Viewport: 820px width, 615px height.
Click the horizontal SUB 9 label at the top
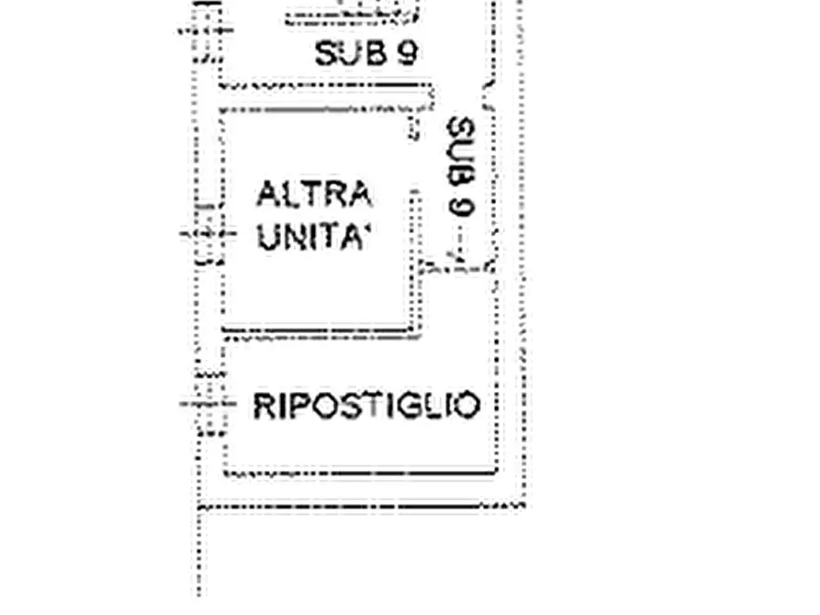(x=366, y=53)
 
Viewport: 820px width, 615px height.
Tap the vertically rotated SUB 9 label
(x=461, y=166)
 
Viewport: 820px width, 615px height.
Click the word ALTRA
(x=314, y=194)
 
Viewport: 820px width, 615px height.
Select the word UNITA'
(x=314, y=238)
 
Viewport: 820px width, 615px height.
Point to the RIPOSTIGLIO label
(x=366, y=406)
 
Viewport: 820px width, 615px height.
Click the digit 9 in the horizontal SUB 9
(x=408, y=53)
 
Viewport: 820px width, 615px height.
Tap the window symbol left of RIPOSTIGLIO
(x=208, y=404)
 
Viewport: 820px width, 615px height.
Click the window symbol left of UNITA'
(x=208, y=233)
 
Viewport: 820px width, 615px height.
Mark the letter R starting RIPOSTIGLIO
(x=264, y=406)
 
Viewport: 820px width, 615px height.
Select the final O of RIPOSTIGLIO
(x=467, y=406)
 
